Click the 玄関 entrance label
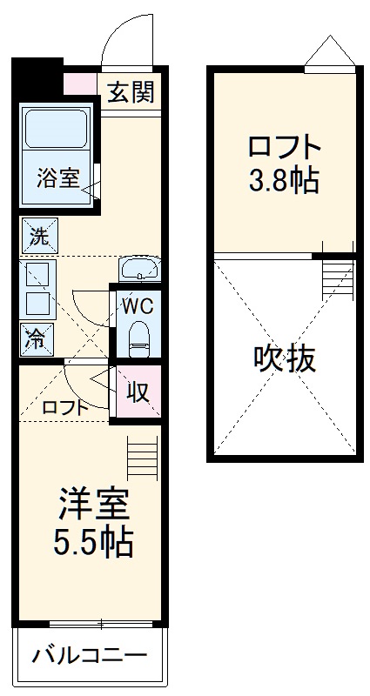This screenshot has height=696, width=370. (131, 91)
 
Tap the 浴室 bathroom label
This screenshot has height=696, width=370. (57, 178)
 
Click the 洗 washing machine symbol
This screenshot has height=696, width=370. (39, 235)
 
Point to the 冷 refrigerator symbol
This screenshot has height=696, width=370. (37, 336)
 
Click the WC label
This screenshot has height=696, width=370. (138, 306)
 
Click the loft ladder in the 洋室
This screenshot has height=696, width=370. (140, 455)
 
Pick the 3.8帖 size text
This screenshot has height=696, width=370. (284, 182)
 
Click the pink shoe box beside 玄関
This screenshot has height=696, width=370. (82, 83)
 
